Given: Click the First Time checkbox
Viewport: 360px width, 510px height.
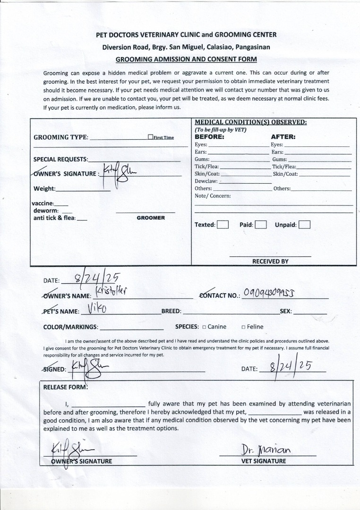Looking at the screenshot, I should [x=150, y=137].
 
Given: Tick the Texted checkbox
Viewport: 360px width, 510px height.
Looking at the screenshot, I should [x=223, y=225].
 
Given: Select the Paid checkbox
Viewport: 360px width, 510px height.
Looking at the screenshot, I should [x=261, y=225].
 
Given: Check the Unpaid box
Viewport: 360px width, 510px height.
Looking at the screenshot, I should [x=304, y=225].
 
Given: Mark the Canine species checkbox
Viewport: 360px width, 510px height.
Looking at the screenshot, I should [x=204, y=327].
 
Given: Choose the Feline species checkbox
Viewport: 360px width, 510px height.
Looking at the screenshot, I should [x=243, y=327].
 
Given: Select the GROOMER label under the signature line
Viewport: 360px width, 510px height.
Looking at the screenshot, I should [x=151, y=218].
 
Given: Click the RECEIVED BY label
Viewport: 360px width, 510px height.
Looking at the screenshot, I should [x=270, y=261].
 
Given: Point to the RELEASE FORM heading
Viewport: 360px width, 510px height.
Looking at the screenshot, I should [x=65, y=387].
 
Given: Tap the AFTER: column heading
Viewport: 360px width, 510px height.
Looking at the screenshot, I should [x=283, y=137].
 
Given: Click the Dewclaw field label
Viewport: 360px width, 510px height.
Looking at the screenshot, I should [x=206, y=181].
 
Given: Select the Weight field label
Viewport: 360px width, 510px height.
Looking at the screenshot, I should [x=44, y=189].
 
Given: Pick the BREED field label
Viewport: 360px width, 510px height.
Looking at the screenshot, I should [x=171, y=312].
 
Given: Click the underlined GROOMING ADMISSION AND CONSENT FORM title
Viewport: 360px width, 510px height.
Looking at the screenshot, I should [x=186, y=59].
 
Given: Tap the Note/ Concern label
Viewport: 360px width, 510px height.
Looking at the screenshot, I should [x=213, y=195].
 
